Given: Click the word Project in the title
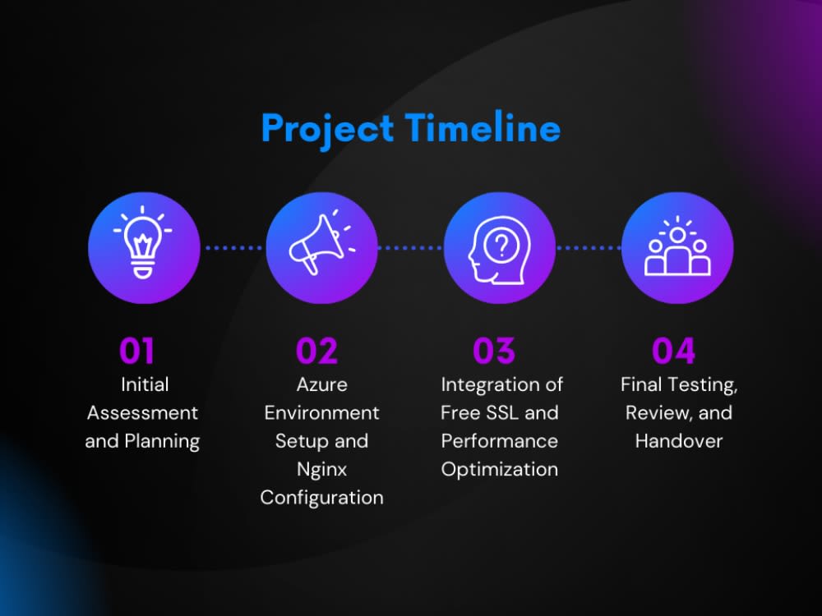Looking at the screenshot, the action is point(328,130).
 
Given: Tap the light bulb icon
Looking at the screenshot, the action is point(142,242).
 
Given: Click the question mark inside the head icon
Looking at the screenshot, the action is point(501,244).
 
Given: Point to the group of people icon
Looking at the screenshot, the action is point(677,246).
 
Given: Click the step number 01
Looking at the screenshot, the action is point(136,351).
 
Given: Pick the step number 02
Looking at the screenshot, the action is point(316,351).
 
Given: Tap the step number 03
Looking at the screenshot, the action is point(494,351).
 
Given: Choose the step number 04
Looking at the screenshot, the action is point(674,351).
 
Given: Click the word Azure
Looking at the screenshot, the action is point(322,384).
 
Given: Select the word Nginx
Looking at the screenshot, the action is point(322,470).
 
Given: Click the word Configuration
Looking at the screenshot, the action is point(322,499).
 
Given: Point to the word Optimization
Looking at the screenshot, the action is point(500,469).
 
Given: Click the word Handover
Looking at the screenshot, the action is point(679,441).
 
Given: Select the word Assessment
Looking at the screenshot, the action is point(142,413).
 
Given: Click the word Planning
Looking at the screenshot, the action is point(162,442).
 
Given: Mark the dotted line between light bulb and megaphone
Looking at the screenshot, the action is point(233,248).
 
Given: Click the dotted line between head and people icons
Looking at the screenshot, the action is point(589,248).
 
